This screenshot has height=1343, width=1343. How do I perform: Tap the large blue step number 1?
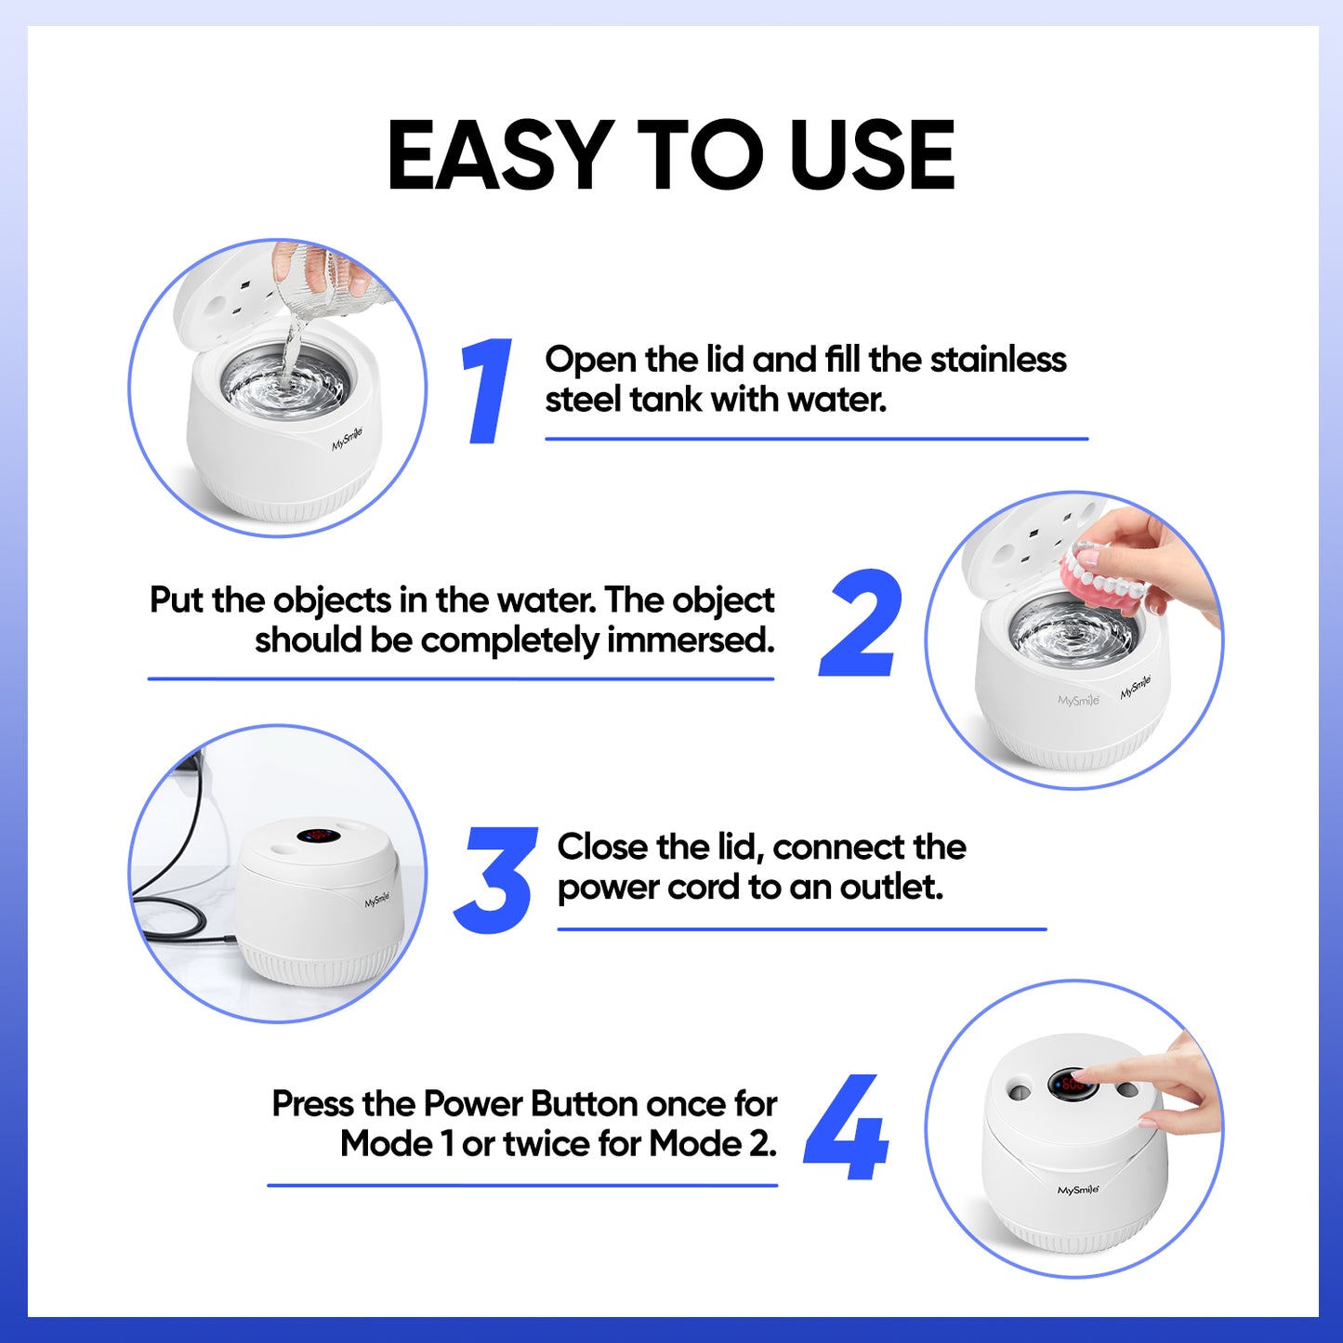click(x=488, y=390)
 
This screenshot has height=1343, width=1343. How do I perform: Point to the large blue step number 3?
click(x=495, y=879)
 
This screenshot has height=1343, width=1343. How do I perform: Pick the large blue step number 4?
click(x=847, y=1126)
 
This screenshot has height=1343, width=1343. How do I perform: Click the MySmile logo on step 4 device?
click(x=1078, y=1190)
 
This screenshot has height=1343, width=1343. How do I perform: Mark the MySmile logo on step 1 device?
click(x=348, y=439)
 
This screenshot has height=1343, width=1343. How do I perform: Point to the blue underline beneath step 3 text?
click(x=801, y=928)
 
